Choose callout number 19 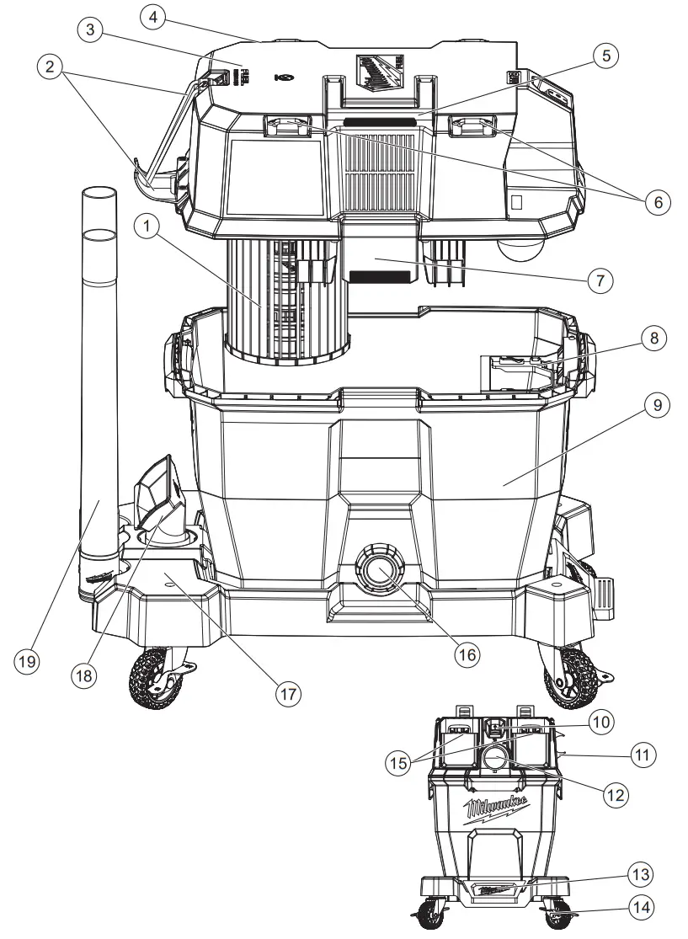click(29, 662)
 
